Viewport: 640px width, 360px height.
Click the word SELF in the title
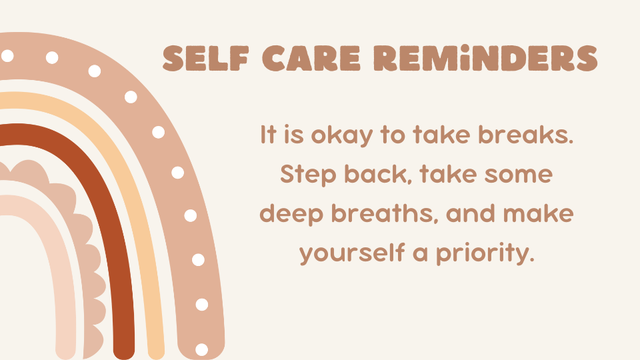point(206,59)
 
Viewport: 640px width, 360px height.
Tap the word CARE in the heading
point(311,59)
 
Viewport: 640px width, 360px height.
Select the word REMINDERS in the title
point(486,59)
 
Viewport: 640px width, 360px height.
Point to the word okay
point(342,135)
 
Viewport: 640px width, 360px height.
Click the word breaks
point(526,134)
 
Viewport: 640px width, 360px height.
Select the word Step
point(308,175)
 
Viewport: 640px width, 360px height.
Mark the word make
point(538,213)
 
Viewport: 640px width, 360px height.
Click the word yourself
point(352,253)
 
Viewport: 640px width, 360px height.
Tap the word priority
point(485,254)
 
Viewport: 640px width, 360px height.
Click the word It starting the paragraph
point(269,134)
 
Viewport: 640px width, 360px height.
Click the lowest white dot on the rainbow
point(201,349)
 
